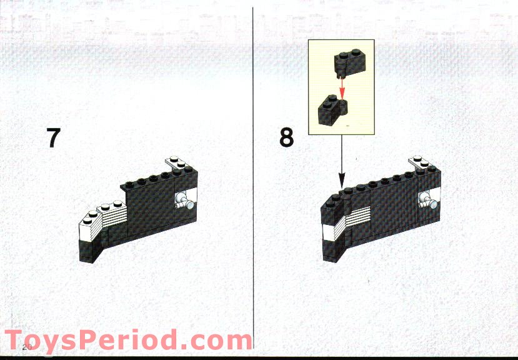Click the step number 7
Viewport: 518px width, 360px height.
(x=53, y=137)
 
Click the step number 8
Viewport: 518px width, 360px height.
(x=286, y=137)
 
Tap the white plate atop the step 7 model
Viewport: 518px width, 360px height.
(x=177, y=164)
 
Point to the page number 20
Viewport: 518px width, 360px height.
(x=27, y=346)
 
